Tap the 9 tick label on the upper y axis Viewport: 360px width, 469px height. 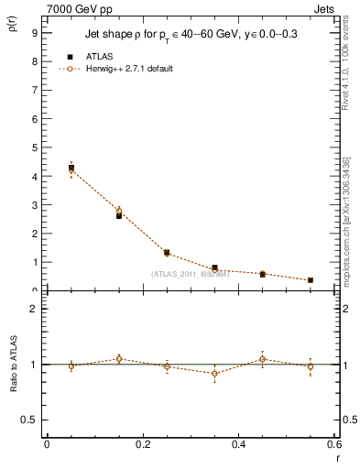pyautogui.click(x=34, y=31)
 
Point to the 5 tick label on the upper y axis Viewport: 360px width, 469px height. pyautogui.click(x=34, y=147)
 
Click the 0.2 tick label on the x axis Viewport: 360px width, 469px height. pyautogui.click(x=142, y=445)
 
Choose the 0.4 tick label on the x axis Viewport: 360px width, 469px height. pyautogui.click(x=238, y=445)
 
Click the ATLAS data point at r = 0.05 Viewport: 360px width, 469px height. pyautogui.click(x=71, y=168)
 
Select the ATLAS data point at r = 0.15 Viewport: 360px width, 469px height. pyautogui.click(x=119, y=216)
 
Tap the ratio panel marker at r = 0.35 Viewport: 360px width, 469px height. pyautogui.click(x=214, y=373)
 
